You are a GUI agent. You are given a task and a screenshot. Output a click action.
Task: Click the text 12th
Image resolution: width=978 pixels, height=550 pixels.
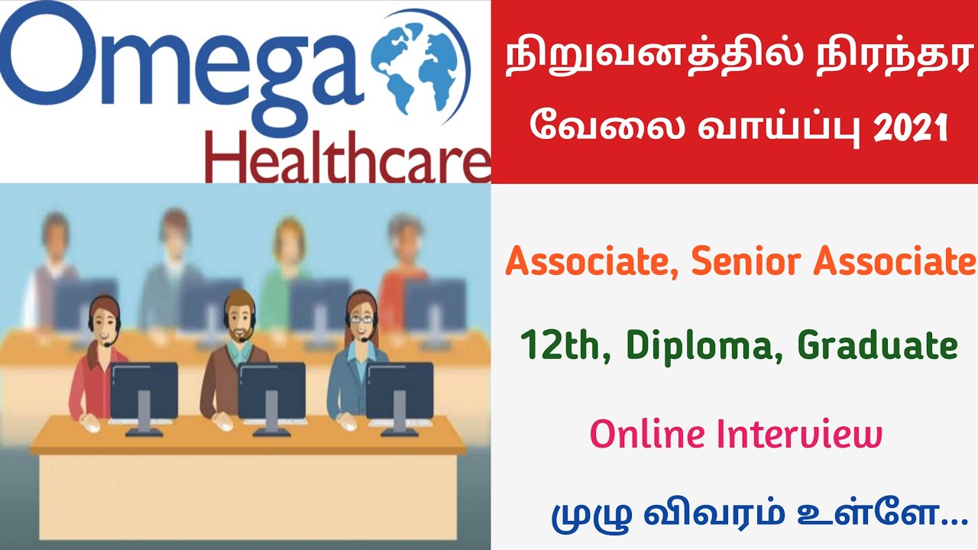point(565,347)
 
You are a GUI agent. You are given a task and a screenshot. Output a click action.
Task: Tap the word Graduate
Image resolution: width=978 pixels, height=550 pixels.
point(877,347)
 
